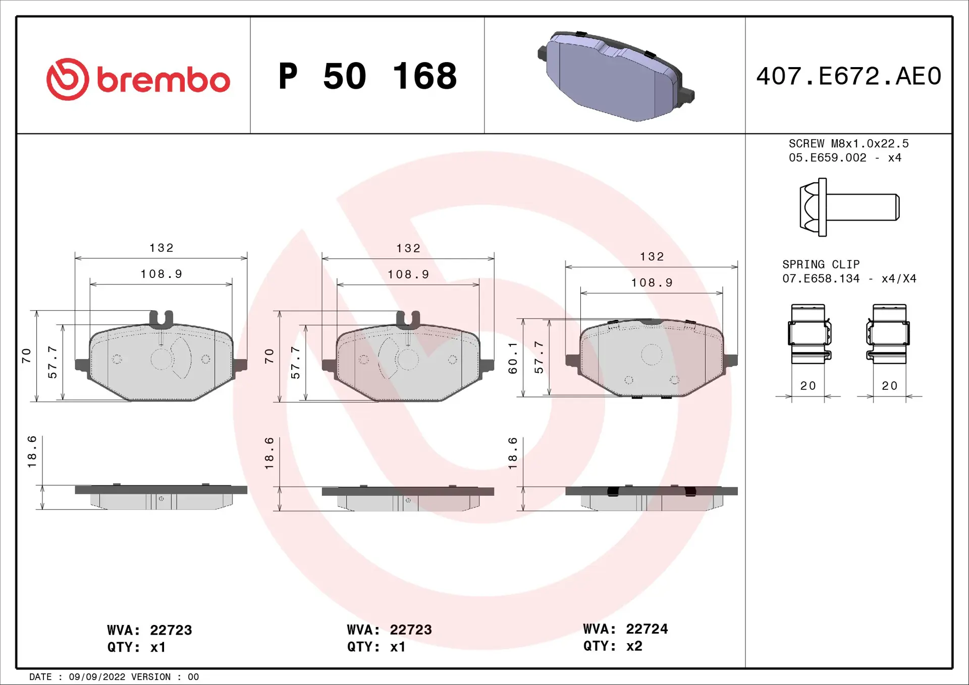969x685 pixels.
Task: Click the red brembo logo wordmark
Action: pos(163,80)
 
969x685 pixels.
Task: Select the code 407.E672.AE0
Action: pos(848,76)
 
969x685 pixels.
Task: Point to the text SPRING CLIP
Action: pos(821,264)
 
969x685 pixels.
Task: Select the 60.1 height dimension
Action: pos(513,358)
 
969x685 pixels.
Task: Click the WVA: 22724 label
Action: pos(625,629)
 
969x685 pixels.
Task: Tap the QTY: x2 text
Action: pos(613,646)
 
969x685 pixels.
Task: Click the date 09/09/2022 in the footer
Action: pos(97,676)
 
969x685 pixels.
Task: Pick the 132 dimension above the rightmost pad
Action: pos(652,257)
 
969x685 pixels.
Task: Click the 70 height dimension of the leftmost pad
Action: pos(26,356)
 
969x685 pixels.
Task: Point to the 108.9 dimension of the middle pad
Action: pos(408,274)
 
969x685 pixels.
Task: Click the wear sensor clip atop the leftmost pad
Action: pos(161,318)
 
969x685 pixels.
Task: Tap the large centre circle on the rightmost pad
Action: pos(652,355)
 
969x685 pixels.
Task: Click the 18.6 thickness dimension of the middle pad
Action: pos(269,453)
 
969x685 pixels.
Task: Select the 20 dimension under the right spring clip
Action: pos(889,386)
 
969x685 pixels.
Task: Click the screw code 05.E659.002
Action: pos(827,158)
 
